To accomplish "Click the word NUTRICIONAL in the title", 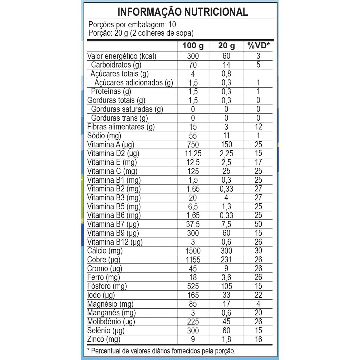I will (x=216, y=12).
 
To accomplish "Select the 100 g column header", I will (x=193, y=46).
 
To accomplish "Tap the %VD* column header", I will (x=258, y=46).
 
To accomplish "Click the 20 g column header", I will (x=226, y=46).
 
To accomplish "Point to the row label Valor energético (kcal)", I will (x=122, y=56).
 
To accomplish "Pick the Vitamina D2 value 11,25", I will (x=193, y=154).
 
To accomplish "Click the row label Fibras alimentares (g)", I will (x=121, y=127).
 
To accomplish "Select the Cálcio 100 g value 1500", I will (x=193, y=251).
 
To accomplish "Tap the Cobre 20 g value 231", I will (x=226, y=260).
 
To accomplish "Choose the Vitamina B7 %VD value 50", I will (x=258, y=224).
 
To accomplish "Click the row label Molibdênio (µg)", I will (x=111, y=322).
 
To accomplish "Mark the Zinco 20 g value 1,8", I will (x=226, y=339).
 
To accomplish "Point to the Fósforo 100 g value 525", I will (x=193, y=286).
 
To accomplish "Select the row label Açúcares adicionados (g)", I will (x=134, y=83).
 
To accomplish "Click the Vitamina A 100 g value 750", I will (x=193, y=145).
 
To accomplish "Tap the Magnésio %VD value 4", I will (x=258, y=304).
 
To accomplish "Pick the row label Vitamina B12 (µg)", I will (x=115, y=242).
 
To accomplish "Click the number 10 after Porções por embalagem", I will (x=172, y=25).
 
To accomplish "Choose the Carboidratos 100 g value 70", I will (x=193, y=65).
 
